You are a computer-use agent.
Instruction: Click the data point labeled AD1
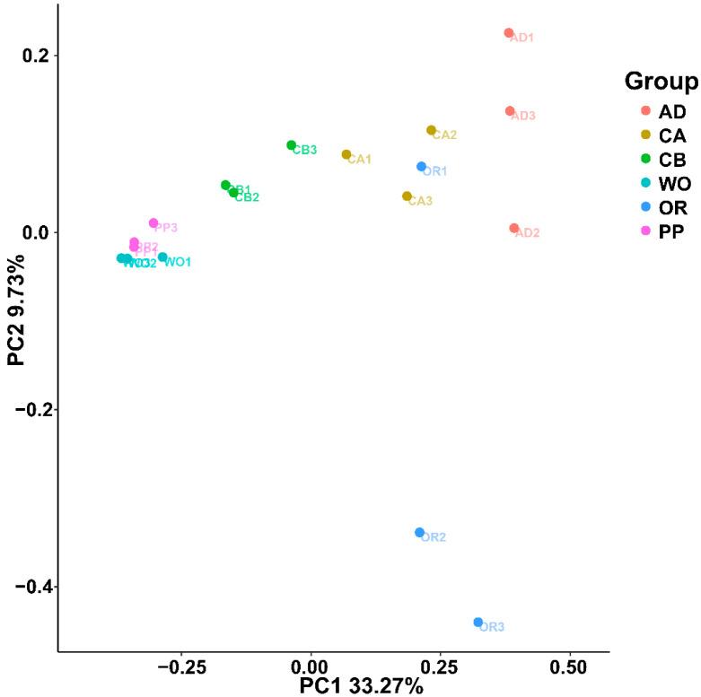(508, 33)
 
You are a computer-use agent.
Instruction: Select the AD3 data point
(510, 111)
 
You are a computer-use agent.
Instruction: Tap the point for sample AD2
(513, 229)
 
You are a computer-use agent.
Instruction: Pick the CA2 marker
(431, 130)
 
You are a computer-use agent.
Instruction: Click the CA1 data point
(346, 154)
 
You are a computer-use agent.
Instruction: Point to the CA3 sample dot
(407, 196)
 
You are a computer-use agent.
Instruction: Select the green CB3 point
(292, 145)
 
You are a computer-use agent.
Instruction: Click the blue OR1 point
(421, 167)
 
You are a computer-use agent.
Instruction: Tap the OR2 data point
(419, 533)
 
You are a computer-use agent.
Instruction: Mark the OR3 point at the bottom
(478, 623)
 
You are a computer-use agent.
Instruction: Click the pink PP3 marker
(153, 223)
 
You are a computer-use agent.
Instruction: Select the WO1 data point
(162, 257)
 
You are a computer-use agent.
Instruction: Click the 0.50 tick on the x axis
(569, 667)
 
